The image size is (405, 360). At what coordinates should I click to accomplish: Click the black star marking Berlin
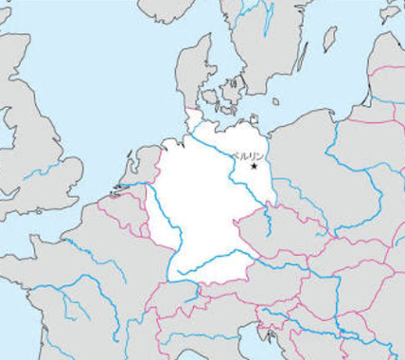[254, 167]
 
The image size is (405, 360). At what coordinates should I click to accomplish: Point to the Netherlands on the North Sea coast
[142, 171]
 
